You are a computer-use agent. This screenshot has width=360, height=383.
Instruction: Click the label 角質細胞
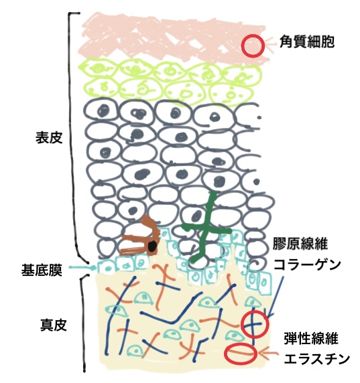tap(306, 42)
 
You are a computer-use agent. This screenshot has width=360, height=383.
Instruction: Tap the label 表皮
tap(49, 137)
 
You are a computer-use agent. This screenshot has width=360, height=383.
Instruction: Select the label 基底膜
tap(42, 270)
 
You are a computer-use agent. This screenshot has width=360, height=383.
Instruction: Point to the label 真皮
tap(54, 325)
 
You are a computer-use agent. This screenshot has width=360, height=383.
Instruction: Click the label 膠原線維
tap(300, 243)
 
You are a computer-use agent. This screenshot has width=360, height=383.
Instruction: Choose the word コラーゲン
tap(307, 264)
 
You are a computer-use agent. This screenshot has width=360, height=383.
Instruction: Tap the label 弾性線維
tap(311, 339)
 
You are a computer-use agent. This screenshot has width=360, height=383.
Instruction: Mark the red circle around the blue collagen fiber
tap(255, 312)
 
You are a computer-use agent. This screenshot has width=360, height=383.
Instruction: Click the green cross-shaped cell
tap(207, 231)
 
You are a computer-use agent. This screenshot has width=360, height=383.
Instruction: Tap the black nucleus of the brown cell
tap(153, 246)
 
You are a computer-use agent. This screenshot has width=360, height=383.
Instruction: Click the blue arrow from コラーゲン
tap(275, 297)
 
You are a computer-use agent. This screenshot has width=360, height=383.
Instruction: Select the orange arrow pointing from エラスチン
tap(268, 352)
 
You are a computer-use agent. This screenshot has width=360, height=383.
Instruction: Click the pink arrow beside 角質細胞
tap(271, 44)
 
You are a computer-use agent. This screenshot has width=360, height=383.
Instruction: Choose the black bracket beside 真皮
tap(84, 323)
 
